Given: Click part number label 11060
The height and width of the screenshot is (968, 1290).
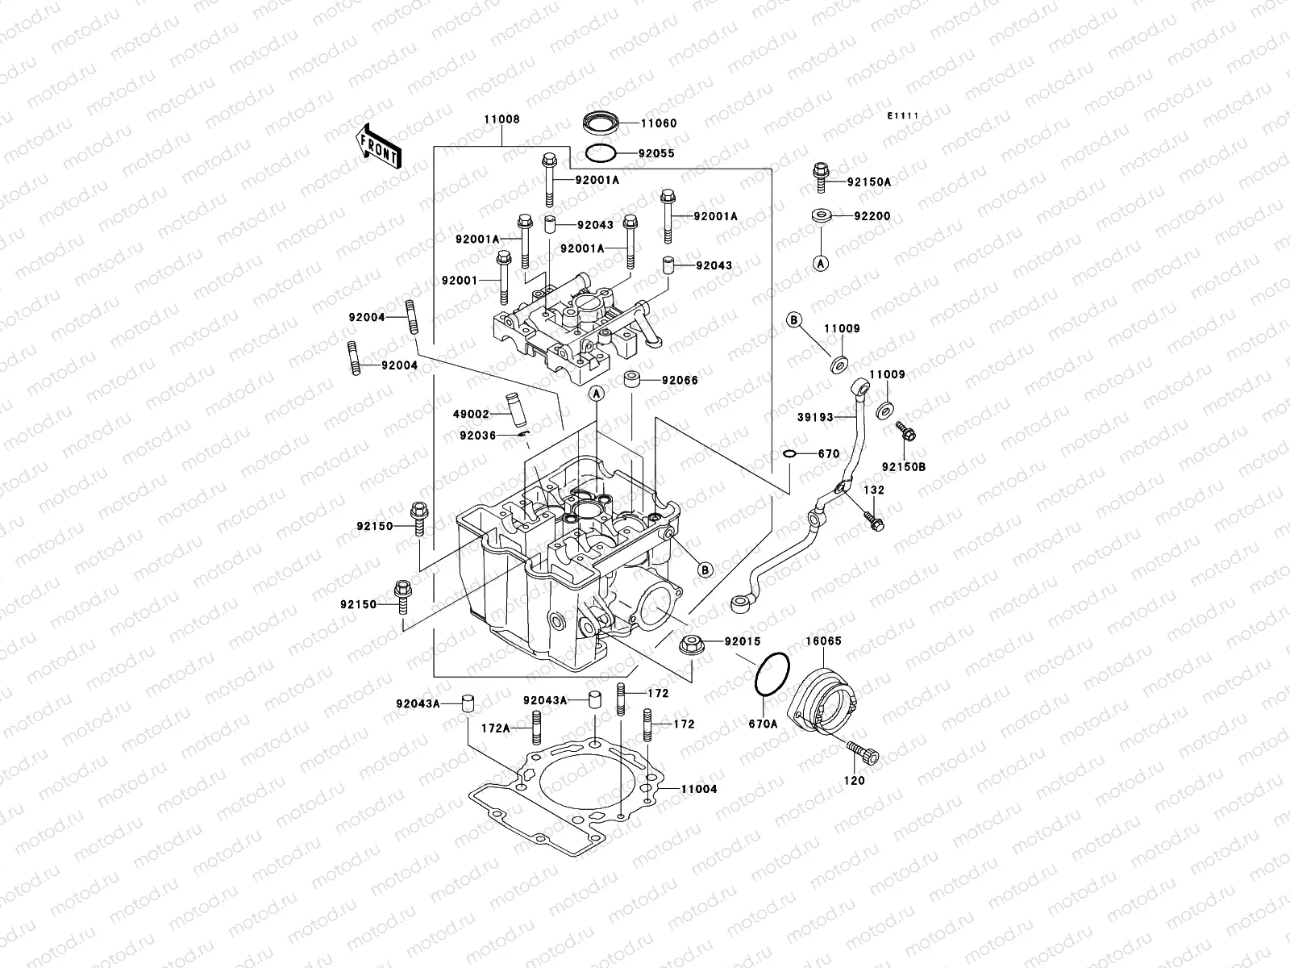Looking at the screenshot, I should click(x=659, y=124).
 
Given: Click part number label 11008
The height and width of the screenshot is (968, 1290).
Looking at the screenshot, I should click(x=501, y=119).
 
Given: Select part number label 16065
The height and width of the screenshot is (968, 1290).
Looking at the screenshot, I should click(x=823, y=641).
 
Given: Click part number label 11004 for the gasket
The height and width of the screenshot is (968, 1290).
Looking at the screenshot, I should click(x=697, y=789).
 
